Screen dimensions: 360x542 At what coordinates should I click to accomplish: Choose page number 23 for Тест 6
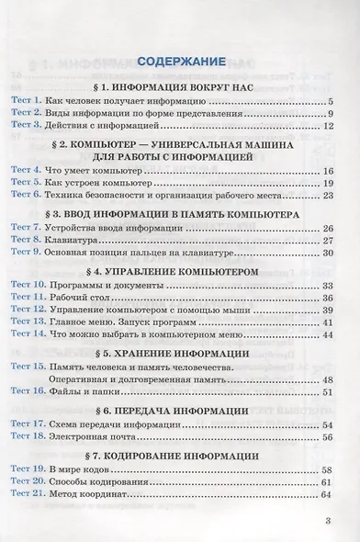tap(326, 196)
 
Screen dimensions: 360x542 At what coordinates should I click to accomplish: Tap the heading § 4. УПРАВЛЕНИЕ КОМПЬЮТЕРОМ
tap(180, 272)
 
